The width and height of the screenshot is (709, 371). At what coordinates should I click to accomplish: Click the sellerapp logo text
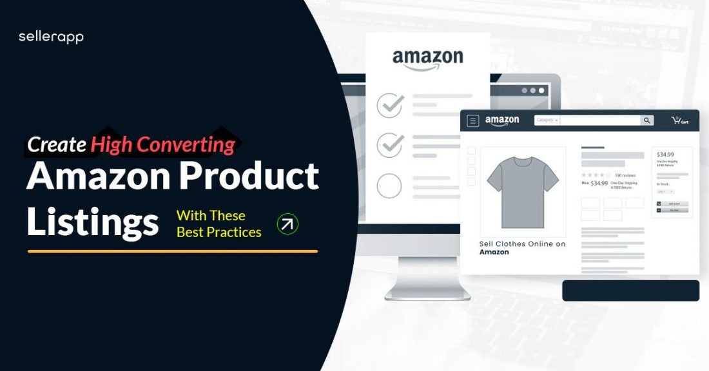point(51,37)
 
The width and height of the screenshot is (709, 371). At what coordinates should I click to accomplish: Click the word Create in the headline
point(57,145)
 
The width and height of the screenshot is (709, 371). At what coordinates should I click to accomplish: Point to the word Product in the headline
point(251,175)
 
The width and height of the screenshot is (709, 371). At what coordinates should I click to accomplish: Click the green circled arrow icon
point(287,224)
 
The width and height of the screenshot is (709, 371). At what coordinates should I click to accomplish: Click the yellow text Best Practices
point(219,232)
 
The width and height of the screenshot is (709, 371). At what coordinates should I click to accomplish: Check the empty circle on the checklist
point(389,186)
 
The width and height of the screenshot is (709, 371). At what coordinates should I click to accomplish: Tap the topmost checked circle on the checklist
point(389,106)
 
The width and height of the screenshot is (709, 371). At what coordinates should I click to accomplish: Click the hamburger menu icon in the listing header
point(473,120)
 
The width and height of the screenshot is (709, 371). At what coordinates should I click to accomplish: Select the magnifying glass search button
point(646,120)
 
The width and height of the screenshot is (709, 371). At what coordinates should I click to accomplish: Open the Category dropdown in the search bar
point(547,120)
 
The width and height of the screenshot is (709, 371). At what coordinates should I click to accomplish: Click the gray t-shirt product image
point(523,186)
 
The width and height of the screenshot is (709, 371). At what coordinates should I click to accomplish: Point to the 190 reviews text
point(625,175)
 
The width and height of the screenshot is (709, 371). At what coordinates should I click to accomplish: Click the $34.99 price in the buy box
point(665,155)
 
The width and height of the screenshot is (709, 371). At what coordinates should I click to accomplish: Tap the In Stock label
point(663,184)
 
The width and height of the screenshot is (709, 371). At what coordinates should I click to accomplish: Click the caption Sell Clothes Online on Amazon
point(522,248)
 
